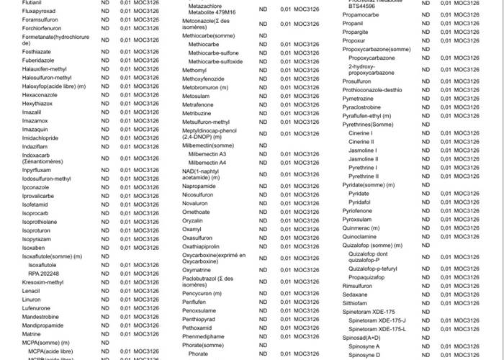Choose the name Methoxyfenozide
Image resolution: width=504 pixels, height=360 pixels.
204,78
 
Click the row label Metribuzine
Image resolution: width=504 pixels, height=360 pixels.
197,113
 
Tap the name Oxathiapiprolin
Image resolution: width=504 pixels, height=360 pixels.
201,246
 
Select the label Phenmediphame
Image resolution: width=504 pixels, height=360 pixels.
204,336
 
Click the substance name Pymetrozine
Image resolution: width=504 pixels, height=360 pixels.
358,99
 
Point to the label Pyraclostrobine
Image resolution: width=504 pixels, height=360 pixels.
361,107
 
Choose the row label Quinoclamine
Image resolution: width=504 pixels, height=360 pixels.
359,236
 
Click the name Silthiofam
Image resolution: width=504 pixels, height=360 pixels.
355,303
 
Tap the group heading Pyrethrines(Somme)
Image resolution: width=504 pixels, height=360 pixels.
368,125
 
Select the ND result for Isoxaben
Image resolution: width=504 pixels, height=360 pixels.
105,247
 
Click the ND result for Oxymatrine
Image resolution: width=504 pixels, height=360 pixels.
263,270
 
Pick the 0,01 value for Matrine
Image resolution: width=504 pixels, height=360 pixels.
125,334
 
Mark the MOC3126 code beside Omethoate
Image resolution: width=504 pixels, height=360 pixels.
305,212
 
